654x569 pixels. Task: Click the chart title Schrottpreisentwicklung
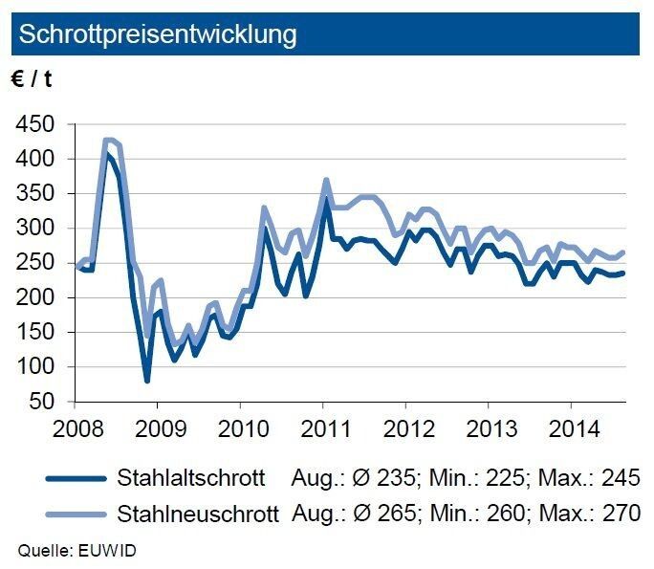click(158, 35)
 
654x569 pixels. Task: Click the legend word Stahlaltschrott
click(187, 478)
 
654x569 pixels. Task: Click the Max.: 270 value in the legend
click(590, 514)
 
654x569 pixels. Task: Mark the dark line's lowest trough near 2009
click(147, 381)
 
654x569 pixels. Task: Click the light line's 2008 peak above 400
click(110, 140)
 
